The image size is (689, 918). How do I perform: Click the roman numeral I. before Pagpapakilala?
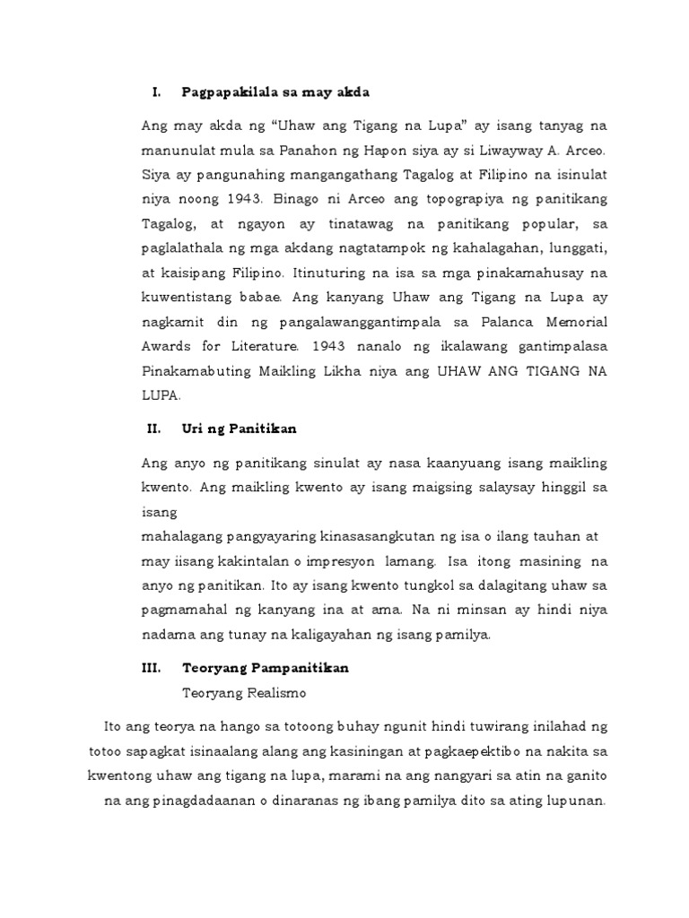pos(155,92)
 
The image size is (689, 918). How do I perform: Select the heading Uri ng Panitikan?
pos(239,429)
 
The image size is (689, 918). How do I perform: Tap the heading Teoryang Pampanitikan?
pos(266,669)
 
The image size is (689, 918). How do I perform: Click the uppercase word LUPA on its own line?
pos(161,394)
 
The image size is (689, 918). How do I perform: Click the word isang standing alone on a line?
pos(159,513)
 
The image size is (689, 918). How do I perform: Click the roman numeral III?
pos(158,669)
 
